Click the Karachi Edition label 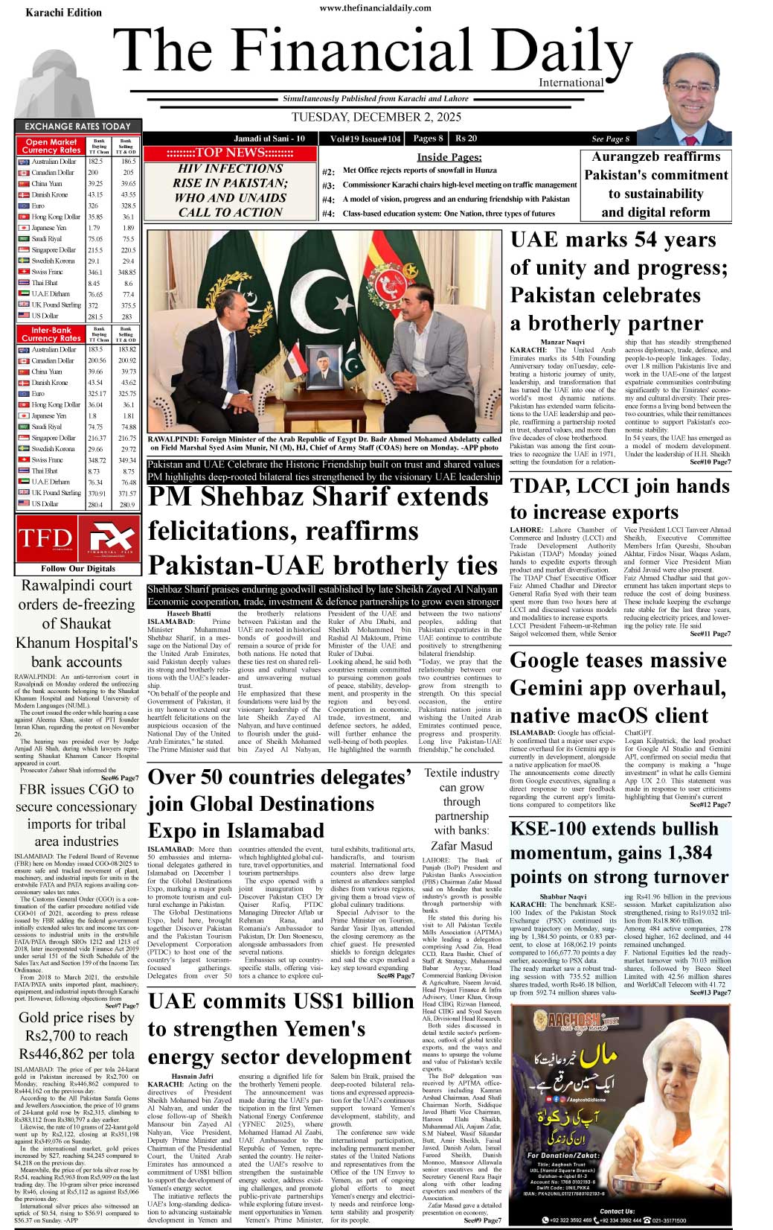click(63, 13)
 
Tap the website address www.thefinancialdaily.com click(375, 8)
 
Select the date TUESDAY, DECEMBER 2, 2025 click(376, 117)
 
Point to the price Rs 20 click(466, 138)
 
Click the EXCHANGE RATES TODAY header click(77, 127)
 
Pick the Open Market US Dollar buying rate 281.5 click(95, 316)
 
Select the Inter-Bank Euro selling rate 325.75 click(127, 394)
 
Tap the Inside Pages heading click(449, 157)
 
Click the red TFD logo click(45, 538)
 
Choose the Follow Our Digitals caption click(78, 568)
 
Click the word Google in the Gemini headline click(554, 661)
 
